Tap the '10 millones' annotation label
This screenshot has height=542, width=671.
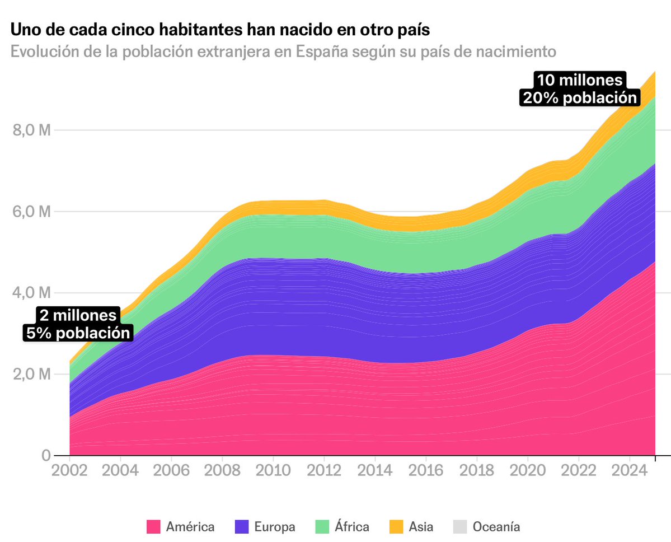pyautogui.click(x=579, y=80)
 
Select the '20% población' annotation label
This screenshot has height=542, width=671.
pyautogui.click(x=579, y=97)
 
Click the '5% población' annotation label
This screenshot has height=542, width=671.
pyautogui.click(x=78, y=333)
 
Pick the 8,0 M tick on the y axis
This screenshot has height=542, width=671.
pyautogui.click(x=31, y=130)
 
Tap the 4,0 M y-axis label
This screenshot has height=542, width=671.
pyautogui.click(x=31, y=293)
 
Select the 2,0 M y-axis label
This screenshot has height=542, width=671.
pyautogui.click(x=31, y=374)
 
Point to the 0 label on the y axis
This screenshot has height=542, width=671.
pyautogui.click(x=45, y=455)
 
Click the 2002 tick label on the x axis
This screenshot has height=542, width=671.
pyautogui.click(x=69, y=469)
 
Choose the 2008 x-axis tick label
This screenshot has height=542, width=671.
pyautogui.click(x=222, y=469)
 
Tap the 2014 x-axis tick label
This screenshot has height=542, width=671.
pyautogui.click(x=375, y=469)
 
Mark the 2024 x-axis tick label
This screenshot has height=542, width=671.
pyautogui.click(x=630, y=469)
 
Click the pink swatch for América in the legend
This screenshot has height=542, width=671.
pyautogui.click(x=153, y=527)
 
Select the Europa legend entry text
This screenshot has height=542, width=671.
pyautogui.click(x=274, y=527)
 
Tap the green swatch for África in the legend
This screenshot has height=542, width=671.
pyautogui.click(x=323, y=527)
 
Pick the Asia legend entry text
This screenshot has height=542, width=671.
pyautogui.click(x=421, y=527)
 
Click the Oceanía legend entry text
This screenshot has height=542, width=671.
pyautogui.click(x=496, y=527)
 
